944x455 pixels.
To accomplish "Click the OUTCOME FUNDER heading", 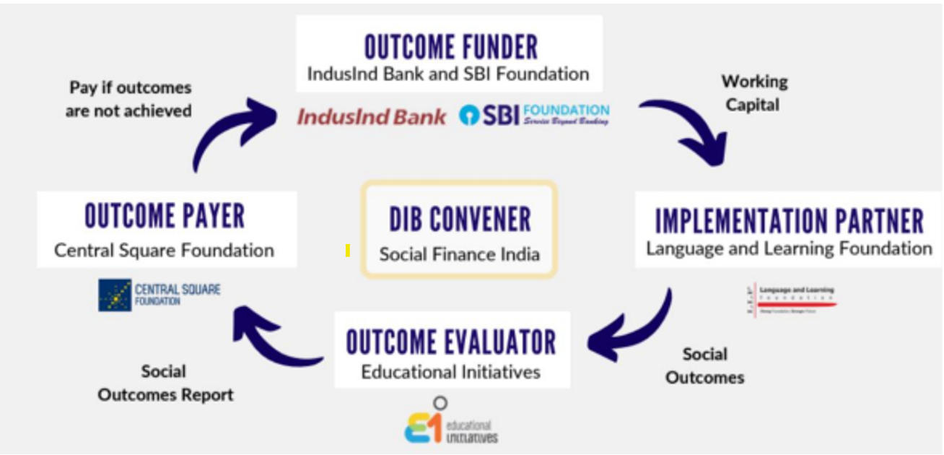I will [x=451, y=47].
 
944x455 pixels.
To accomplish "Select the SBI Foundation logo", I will [x=535, y=115].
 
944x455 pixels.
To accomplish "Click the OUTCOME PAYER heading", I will [x=165, y=216].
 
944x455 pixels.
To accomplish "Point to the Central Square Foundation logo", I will [x=159, y=295].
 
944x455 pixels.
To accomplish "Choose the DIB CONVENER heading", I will [x=460, y=220].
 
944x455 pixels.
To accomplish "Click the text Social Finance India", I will [x=460, y=254].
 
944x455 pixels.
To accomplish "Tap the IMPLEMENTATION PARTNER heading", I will [x=789, y=222].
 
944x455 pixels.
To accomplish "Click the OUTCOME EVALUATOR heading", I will [x=451, y=342].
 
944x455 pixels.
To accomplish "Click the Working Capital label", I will [x=753, y=93].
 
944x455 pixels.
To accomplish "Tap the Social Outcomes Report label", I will [x=165, y=383].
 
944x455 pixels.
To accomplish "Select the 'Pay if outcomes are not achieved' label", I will [x=130, y=99].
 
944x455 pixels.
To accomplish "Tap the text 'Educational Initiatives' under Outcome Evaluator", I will [x=451, y=373].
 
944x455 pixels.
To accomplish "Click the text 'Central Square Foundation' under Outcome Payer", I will [x=165, y=251].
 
